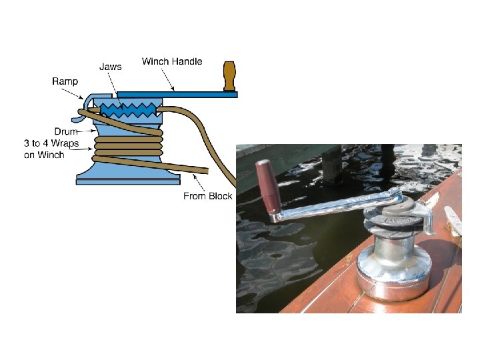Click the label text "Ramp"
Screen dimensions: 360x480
65,81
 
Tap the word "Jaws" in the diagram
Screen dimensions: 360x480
110,67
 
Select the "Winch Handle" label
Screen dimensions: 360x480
172,61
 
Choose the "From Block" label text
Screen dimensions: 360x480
207,196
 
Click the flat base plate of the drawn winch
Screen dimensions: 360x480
127,181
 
